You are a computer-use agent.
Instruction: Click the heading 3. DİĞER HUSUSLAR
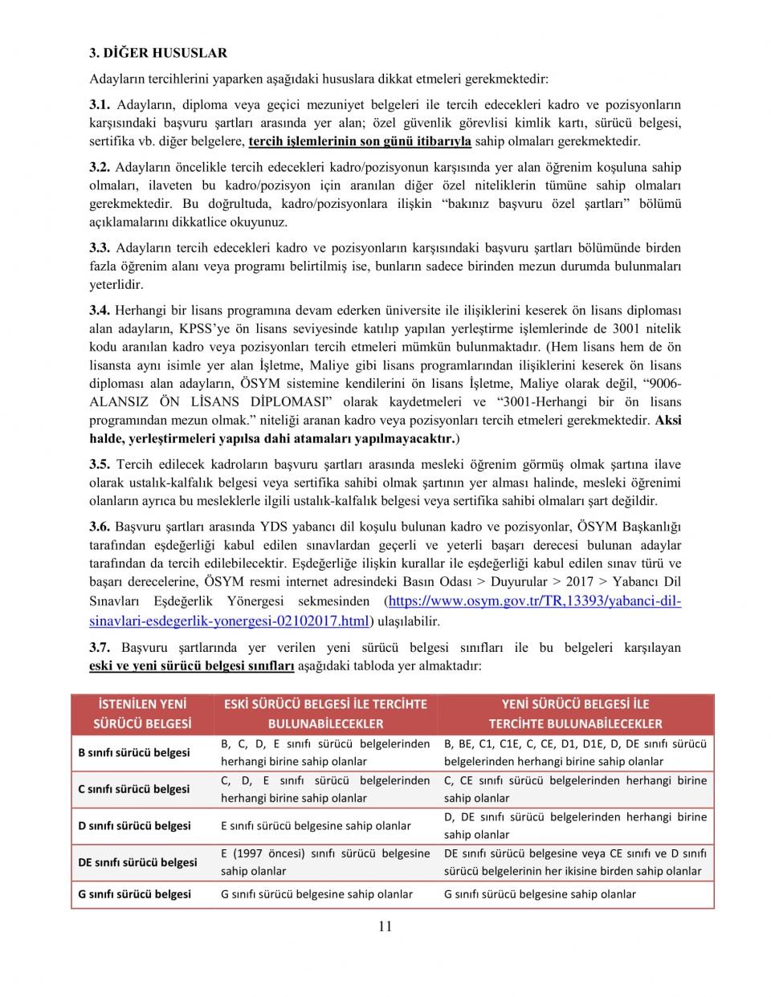(x=158, y=53)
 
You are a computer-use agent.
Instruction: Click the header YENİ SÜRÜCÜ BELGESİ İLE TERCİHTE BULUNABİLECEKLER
(x=575, y=714)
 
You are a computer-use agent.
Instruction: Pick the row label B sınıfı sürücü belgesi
(x=134, y=753)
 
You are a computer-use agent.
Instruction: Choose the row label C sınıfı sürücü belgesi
(x=134, y=789)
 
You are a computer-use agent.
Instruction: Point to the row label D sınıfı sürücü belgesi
(x=134, y=826)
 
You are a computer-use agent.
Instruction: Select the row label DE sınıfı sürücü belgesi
(x=137, y=863)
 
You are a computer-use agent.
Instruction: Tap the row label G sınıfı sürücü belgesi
(x=134, y=894)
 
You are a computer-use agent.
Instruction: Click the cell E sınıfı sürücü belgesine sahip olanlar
(x=316, y=826)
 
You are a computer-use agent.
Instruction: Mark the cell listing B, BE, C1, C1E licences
(x=575, y=753)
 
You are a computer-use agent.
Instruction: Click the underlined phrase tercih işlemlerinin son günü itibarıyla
(x=360, y=142)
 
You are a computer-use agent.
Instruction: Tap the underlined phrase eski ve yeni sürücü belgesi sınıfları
(x=192, y=666)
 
